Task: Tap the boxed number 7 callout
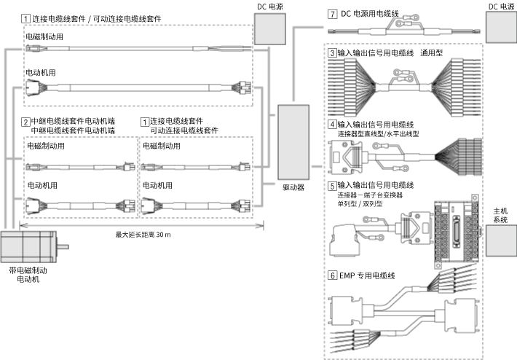point(332,14)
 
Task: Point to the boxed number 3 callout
point(332,53)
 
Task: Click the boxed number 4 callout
point(332,125)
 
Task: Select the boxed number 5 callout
point(332,186)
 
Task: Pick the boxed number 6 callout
point(332,275)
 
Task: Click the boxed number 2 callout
point(25,121)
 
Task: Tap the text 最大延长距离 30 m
point(143,235)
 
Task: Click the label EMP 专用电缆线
point(367,275)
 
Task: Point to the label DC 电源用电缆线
point(375,14)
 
